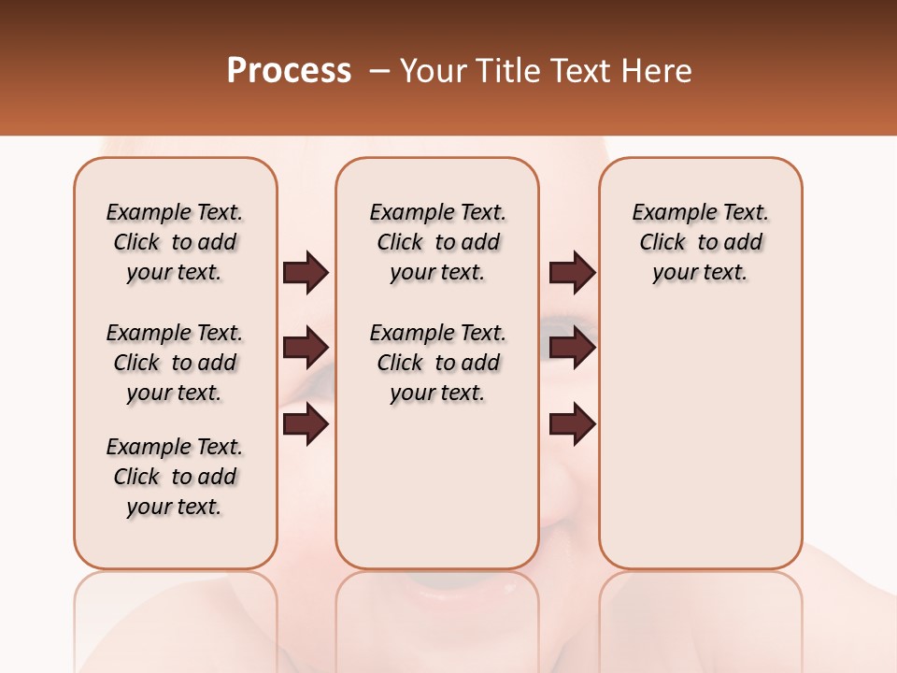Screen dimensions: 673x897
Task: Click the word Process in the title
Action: coord(289,71)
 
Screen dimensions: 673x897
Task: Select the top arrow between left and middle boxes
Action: coord(306,273)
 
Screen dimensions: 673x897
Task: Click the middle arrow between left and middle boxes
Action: coord(306,348)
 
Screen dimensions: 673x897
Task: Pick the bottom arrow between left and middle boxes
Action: coord(306,424)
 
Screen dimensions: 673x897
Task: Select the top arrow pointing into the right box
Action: coord(572,273)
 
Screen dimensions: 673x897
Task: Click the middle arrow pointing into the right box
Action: coord(572,348)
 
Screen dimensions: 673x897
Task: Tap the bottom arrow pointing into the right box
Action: coord(572,424)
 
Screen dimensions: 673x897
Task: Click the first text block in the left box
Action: coord(175,242)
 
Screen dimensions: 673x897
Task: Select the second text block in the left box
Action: coord(175,363)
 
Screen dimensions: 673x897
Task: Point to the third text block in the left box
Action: coord(175,477)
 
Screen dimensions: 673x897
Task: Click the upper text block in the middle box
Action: coord(437,242)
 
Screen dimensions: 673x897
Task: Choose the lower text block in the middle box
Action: coord(437,363)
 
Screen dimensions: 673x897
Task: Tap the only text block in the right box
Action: coord(700,242)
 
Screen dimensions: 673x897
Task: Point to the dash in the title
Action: coord(379,71)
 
